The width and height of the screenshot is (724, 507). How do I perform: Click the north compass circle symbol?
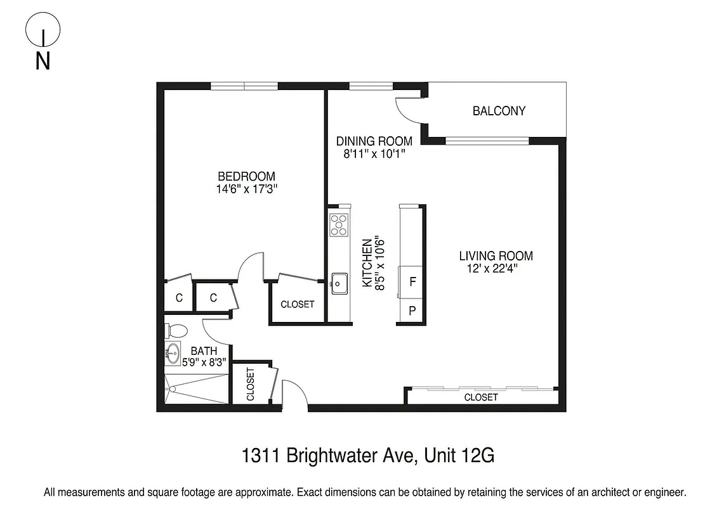pos(43,30)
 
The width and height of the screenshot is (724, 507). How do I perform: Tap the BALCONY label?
pos(499,111)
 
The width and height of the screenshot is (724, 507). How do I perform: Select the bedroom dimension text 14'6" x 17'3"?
pos(247,188)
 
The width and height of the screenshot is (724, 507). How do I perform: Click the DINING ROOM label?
pos(374,141)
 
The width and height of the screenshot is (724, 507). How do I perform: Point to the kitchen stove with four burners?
pos(339,225)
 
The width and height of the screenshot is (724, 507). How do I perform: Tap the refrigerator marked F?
pos(412,281)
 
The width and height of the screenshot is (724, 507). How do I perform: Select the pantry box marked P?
pos(412,311)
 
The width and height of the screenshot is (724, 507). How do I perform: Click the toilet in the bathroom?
pos(174,331)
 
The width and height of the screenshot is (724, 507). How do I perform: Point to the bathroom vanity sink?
pos(173,353)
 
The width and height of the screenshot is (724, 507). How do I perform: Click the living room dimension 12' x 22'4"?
pos(496,268)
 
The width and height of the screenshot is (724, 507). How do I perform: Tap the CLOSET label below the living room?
pos(481,397)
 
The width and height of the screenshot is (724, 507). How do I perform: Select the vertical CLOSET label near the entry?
pos(250,384)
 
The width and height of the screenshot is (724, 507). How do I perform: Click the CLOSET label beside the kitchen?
pos(297,304)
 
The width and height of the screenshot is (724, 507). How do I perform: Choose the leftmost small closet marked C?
pos(179,297)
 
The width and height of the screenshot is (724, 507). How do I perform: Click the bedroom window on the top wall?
pos(244,86)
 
